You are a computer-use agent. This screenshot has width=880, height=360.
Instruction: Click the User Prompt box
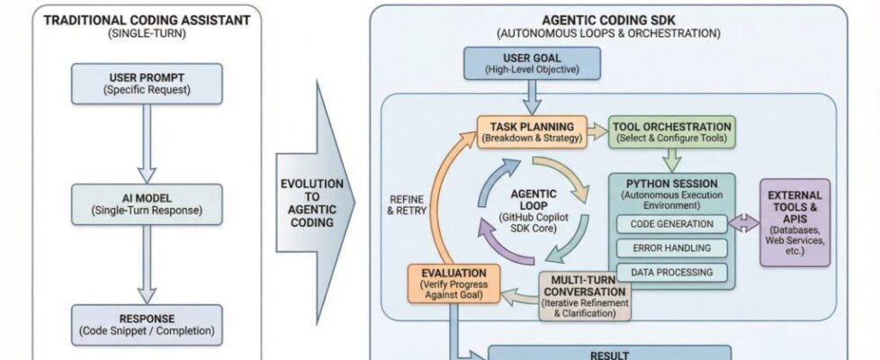point(147,82)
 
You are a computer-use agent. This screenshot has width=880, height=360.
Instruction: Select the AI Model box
point(147,203)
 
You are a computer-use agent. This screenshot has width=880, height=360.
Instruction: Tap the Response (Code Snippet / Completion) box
point(147,324)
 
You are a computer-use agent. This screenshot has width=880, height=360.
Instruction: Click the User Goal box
point(521,63)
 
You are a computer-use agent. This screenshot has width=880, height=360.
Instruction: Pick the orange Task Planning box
point(532,131)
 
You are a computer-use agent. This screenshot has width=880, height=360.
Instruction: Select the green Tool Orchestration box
point(672,131)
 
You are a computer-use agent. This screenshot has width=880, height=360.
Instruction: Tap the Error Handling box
point(672,247)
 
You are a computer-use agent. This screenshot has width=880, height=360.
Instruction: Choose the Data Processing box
point(672,272)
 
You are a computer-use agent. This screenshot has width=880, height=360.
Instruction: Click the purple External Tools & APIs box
point(795,221)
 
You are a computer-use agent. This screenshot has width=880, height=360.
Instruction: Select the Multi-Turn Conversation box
point(585,296)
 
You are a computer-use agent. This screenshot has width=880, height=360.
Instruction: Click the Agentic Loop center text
point(534,211)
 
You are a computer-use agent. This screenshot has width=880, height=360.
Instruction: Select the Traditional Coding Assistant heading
point(147,20)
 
